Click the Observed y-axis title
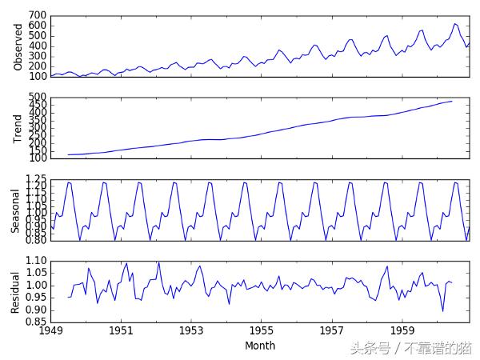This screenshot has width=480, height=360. (18, 46)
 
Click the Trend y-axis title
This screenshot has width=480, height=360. (18, 129)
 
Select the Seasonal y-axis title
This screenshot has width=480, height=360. (15, 210)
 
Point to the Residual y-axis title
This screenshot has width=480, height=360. (15, 292)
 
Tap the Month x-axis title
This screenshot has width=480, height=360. (260, 346)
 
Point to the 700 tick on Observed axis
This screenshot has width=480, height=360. (38, 16)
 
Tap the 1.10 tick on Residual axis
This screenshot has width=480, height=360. (35, 261)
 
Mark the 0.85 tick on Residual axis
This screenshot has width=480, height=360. (35, 322)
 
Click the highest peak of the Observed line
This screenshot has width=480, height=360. (454, 24)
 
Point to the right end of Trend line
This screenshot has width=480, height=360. (452, 101)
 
